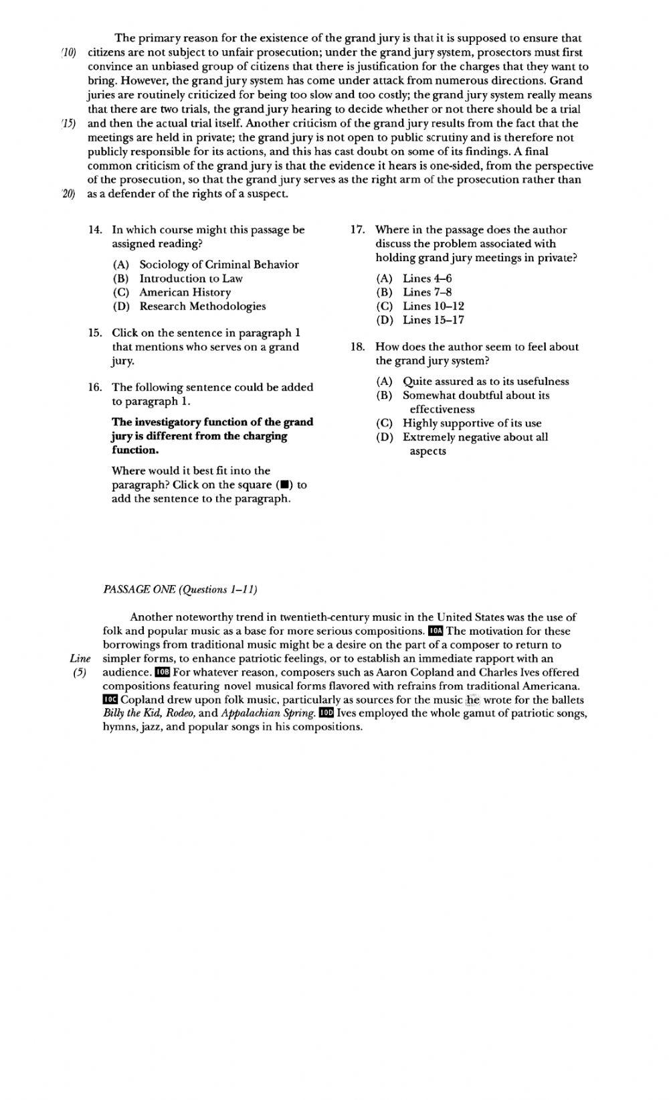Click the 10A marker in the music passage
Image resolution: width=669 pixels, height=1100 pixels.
point(435,631)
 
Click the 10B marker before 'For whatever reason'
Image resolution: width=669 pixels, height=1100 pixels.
point(162,672)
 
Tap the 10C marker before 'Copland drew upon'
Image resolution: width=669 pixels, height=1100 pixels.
point(110,700)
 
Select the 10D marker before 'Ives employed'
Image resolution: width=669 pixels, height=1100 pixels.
point(326,713)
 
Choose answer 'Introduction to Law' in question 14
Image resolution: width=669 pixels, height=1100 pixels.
point(191,279)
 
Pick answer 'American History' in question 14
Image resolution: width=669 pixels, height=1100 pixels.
point(185,293)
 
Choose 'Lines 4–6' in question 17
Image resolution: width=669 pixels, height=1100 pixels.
point(427,279)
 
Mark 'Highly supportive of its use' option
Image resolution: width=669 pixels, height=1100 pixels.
point(472,423)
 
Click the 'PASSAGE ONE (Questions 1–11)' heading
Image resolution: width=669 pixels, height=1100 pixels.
point(181,589)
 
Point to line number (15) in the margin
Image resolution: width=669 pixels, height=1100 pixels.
point(69,123)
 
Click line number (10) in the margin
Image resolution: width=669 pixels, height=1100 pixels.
point(69,52)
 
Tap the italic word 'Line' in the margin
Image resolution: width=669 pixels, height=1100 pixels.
point(80,658)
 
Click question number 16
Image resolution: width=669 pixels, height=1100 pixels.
point(95,387)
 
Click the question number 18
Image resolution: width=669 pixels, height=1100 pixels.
point(357,347)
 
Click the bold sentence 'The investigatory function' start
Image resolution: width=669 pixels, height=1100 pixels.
point(154,422)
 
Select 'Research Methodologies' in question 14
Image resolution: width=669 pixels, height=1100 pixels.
point(202,307)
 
